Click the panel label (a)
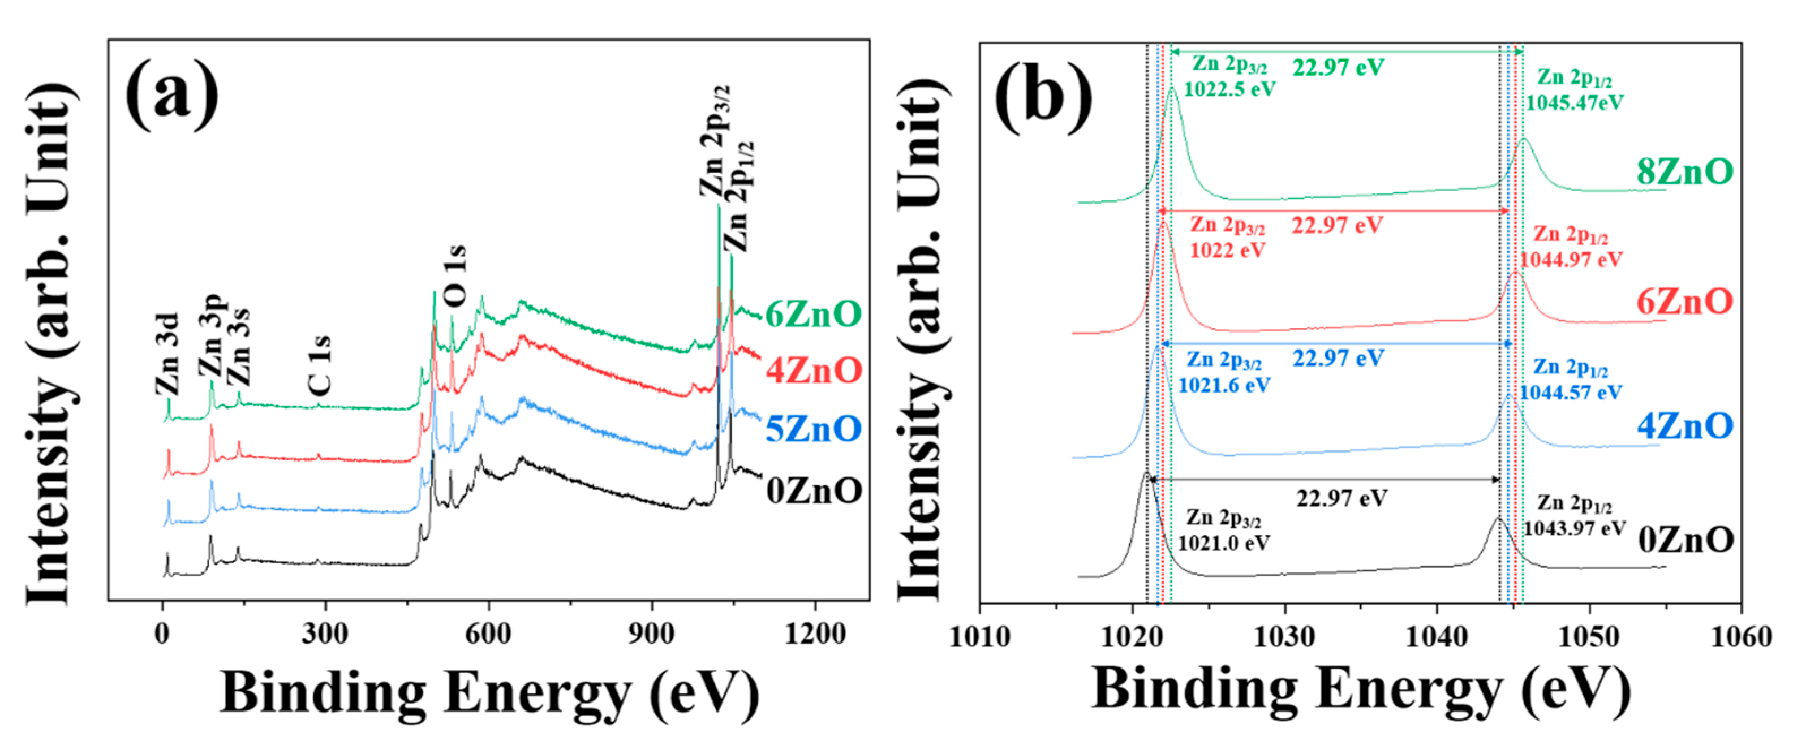172,96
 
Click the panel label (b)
1042,98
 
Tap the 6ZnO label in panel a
813,315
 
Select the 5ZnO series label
813,429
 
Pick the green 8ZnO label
1684,171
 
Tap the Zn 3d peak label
167,355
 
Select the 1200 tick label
814,634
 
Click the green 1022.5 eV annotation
1229,89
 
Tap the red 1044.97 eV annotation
1570,260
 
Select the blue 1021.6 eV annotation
1224,385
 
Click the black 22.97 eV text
1341,498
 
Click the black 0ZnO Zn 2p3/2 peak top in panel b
1146,474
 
